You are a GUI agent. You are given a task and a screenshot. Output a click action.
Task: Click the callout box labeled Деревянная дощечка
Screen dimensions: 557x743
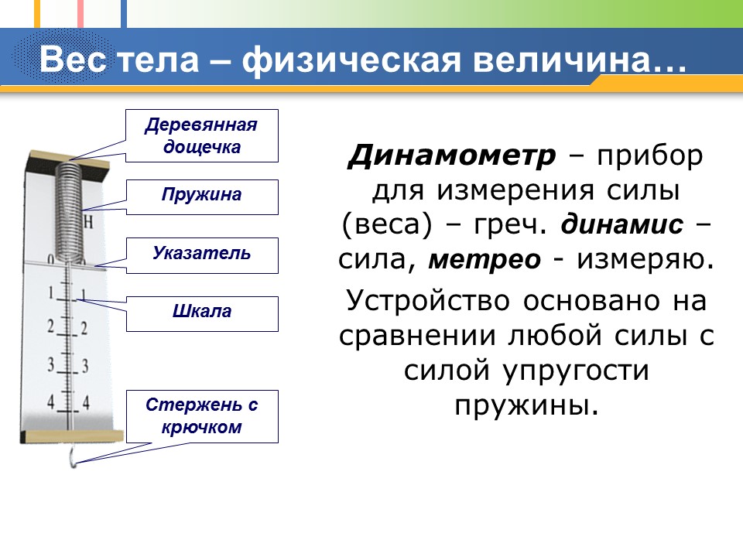202,135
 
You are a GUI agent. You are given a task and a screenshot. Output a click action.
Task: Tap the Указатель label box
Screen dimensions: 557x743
202,254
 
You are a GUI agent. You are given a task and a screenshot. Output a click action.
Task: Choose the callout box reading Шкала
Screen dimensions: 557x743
202,312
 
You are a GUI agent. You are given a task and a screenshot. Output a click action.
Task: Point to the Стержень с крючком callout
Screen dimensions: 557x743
202,415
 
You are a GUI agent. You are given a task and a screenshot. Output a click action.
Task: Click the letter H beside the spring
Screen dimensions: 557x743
87,223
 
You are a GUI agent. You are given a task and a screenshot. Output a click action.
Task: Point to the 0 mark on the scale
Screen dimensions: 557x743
50,261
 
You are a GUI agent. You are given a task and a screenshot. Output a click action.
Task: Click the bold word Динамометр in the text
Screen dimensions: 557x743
451,156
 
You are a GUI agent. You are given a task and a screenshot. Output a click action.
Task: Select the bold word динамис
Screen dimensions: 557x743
621,224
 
